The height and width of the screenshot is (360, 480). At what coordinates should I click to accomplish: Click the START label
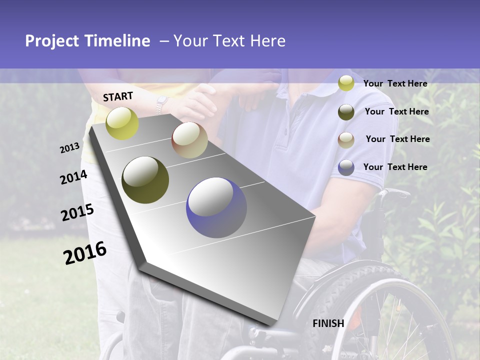coord(118,96)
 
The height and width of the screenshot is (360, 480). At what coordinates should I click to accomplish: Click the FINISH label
coord(328,323)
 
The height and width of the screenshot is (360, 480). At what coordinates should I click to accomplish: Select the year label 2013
coord(69,148)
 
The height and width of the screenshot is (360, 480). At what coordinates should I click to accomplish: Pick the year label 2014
coord(73,177)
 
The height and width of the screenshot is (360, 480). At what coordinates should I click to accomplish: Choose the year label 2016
coord(85,253)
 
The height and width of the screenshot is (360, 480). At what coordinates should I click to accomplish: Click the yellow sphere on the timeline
coord(122,123)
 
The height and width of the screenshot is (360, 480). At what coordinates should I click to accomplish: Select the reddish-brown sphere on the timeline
coord(189,140)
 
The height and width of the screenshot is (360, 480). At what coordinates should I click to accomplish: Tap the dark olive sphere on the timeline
coord(145,180)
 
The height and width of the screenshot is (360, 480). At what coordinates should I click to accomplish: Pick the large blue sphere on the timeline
coord(216,207)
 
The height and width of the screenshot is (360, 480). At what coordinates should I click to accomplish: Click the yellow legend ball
coord(346,83)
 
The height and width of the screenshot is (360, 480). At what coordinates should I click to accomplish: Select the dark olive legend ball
coord(346,112)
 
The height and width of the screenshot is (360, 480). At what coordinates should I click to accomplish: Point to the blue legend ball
coord(346,167)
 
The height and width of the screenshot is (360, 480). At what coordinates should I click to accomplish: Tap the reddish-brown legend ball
coord(346,140)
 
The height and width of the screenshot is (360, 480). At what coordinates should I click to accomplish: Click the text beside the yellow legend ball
coord(395,83)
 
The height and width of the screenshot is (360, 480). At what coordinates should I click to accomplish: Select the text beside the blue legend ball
coord(395,167)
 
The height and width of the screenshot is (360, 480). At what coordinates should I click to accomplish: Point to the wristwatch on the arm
coord(161,105)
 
